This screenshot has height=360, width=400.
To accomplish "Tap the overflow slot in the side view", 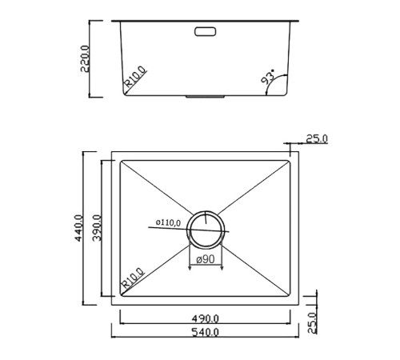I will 206,32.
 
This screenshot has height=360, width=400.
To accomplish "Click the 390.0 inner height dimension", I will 97,227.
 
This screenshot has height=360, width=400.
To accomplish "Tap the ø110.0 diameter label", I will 168,223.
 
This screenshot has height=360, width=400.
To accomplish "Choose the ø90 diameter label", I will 204,259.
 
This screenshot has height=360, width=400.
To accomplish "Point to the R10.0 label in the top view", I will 133,279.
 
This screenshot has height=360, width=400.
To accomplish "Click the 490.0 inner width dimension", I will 205,318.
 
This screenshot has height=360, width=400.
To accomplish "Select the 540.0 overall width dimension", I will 205,333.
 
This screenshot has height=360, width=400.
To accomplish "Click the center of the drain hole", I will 206,229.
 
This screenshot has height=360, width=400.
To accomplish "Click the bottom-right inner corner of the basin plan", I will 290,297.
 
